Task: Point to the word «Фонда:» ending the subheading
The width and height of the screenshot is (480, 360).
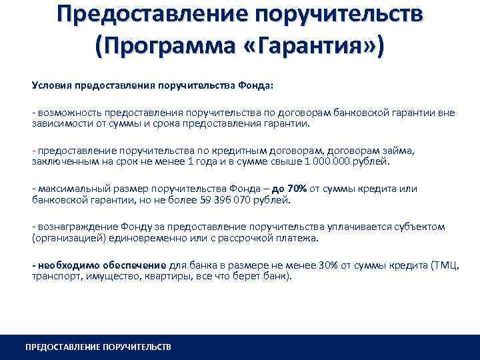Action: click(x=265, y=85)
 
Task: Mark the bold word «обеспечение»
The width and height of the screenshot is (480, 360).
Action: click(x=133, y=266)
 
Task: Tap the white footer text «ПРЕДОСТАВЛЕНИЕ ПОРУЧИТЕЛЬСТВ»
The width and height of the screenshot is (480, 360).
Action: click(x=98, y=347)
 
